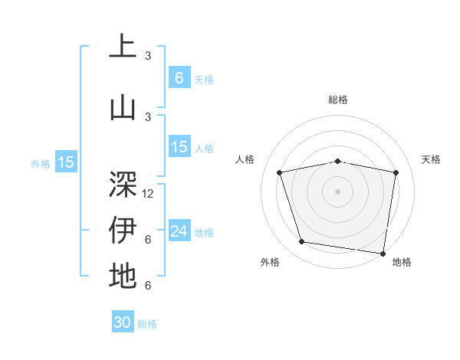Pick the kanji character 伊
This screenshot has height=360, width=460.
pyautogui.click(x=123, y=230)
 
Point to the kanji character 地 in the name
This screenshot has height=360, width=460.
pyautogui.click(x=123, y=276)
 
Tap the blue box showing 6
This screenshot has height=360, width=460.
pyautogui.click(x=179, y=77)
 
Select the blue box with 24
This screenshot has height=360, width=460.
pyautogui.click(x=179, y=231)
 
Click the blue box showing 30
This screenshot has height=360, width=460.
pyautogui.click(x=123, y=322)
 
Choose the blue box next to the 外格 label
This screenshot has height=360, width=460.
pyautogui.click(x=65, y=162)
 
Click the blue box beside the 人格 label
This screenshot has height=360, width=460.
pyautogui.click(x=179, y=147)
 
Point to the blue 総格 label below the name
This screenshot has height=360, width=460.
pyautogui.click(x=147, y=324)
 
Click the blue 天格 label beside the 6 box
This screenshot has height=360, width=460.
pyautogui.click(x=204, y=79)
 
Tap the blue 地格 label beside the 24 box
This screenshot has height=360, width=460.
pyautogui.click(x=204, y=232)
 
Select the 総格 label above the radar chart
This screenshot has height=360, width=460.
pyautogui.click(x=337, y=100)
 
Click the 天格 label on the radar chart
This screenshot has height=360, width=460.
pyautogui.click(x=431, y=159)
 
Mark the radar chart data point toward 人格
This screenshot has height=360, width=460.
pyautogui.click(x=280, y=172)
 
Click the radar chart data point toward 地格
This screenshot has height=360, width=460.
pyautogui.click(x=383, y=253)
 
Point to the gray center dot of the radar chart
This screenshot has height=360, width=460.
pyautogui.click(x=337, y=191)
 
